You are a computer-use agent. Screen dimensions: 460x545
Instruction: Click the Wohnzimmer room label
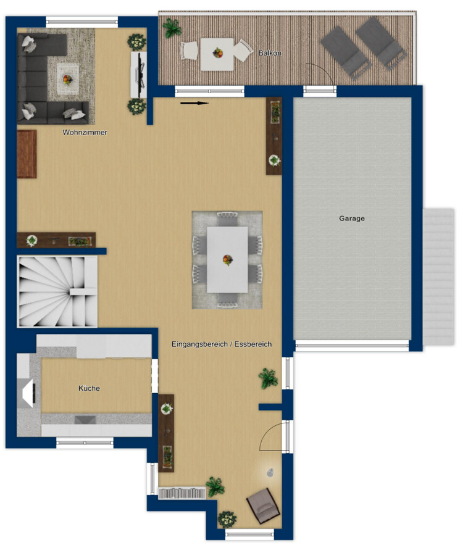85,133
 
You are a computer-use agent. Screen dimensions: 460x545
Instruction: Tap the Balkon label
270,53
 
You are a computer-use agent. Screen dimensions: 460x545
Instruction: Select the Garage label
352,218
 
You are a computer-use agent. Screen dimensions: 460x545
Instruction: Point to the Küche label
89,388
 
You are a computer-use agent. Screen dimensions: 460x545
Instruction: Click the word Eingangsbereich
199,344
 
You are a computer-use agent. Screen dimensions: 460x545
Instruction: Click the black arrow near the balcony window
194,103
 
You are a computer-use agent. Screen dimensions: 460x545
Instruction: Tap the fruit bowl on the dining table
228,259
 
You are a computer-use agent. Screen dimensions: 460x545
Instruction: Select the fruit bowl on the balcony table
218,53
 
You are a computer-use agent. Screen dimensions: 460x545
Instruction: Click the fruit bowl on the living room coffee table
67,80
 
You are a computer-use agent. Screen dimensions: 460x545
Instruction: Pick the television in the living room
140,75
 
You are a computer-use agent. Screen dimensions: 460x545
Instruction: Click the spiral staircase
57,291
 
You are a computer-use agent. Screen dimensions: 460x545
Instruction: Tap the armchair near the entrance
263,505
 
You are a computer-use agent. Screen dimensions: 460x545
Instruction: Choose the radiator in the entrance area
182,493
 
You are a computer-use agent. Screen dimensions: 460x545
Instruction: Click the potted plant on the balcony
172,28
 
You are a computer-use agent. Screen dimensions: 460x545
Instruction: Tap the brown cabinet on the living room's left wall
27,154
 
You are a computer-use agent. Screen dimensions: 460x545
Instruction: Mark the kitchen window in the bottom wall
85,443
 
